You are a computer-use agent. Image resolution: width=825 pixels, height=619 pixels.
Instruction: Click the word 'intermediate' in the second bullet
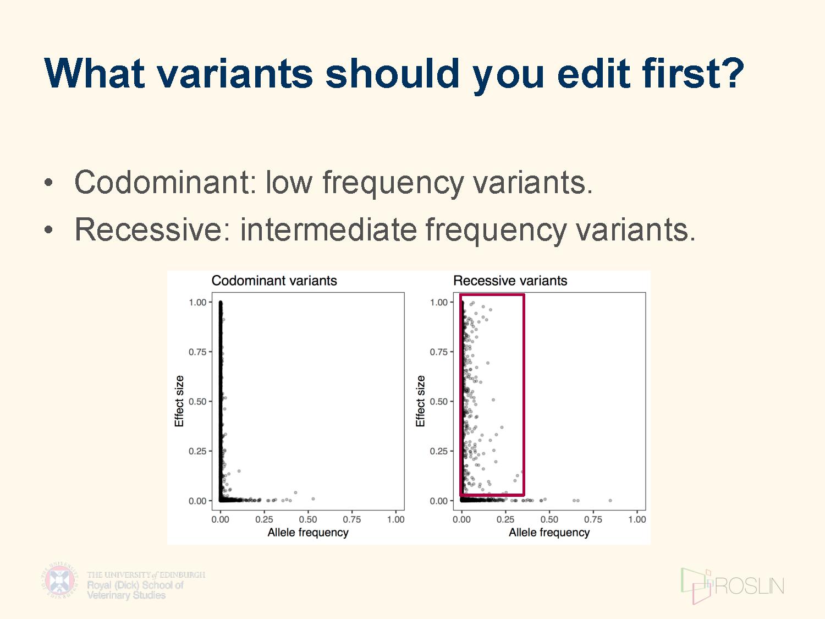[328, 229]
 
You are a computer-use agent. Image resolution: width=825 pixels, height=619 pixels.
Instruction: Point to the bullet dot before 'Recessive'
[48, 229]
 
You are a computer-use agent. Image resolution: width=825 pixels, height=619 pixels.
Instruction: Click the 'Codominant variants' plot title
[274, 281]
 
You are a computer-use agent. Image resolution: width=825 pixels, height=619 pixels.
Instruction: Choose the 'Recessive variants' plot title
[510, 281]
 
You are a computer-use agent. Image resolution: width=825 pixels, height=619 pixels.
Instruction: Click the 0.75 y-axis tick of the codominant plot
[197, 352]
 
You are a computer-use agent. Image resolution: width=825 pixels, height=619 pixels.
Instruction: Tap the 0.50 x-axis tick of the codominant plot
[308, 519]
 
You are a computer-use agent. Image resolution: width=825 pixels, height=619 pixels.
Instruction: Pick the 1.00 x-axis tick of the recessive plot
[637, 519]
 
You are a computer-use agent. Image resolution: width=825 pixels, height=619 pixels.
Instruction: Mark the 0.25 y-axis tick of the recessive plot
[438, 451]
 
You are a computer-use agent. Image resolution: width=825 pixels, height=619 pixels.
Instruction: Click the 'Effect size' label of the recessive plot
[420, 401]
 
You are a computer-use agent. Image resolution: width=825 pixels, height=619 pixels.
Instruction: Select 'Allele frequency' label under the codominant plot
[308, 533]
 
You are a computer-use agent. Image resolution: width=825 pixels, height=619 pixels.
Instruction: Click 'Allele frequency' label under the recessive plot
[549, 533]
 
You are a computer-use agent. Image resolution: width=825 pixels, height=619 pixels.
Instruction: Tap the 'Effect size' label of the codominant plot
[179, 401]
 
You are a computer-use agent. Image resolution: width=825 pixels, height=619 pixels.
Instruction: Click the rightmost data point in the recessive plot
[610, 500]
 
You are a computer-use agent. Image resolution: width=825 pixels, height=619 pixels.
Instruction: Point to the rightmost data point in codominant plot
[313, 499]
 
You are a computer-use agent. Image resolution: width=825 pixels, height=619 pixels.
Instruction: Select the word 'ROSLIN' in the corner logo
[749, 586]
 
